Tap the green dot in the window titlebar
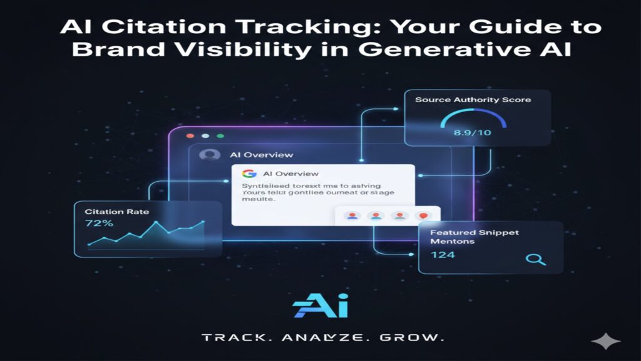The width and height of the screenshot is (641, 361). coord(220,135)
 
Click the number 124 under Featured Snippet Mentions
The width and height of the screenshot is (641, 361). coord(443,254)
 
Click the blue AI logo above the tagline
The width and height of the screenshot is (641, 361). coord(320,306)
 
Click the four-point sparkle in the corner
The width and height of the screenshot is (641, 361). coord(606,342)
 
